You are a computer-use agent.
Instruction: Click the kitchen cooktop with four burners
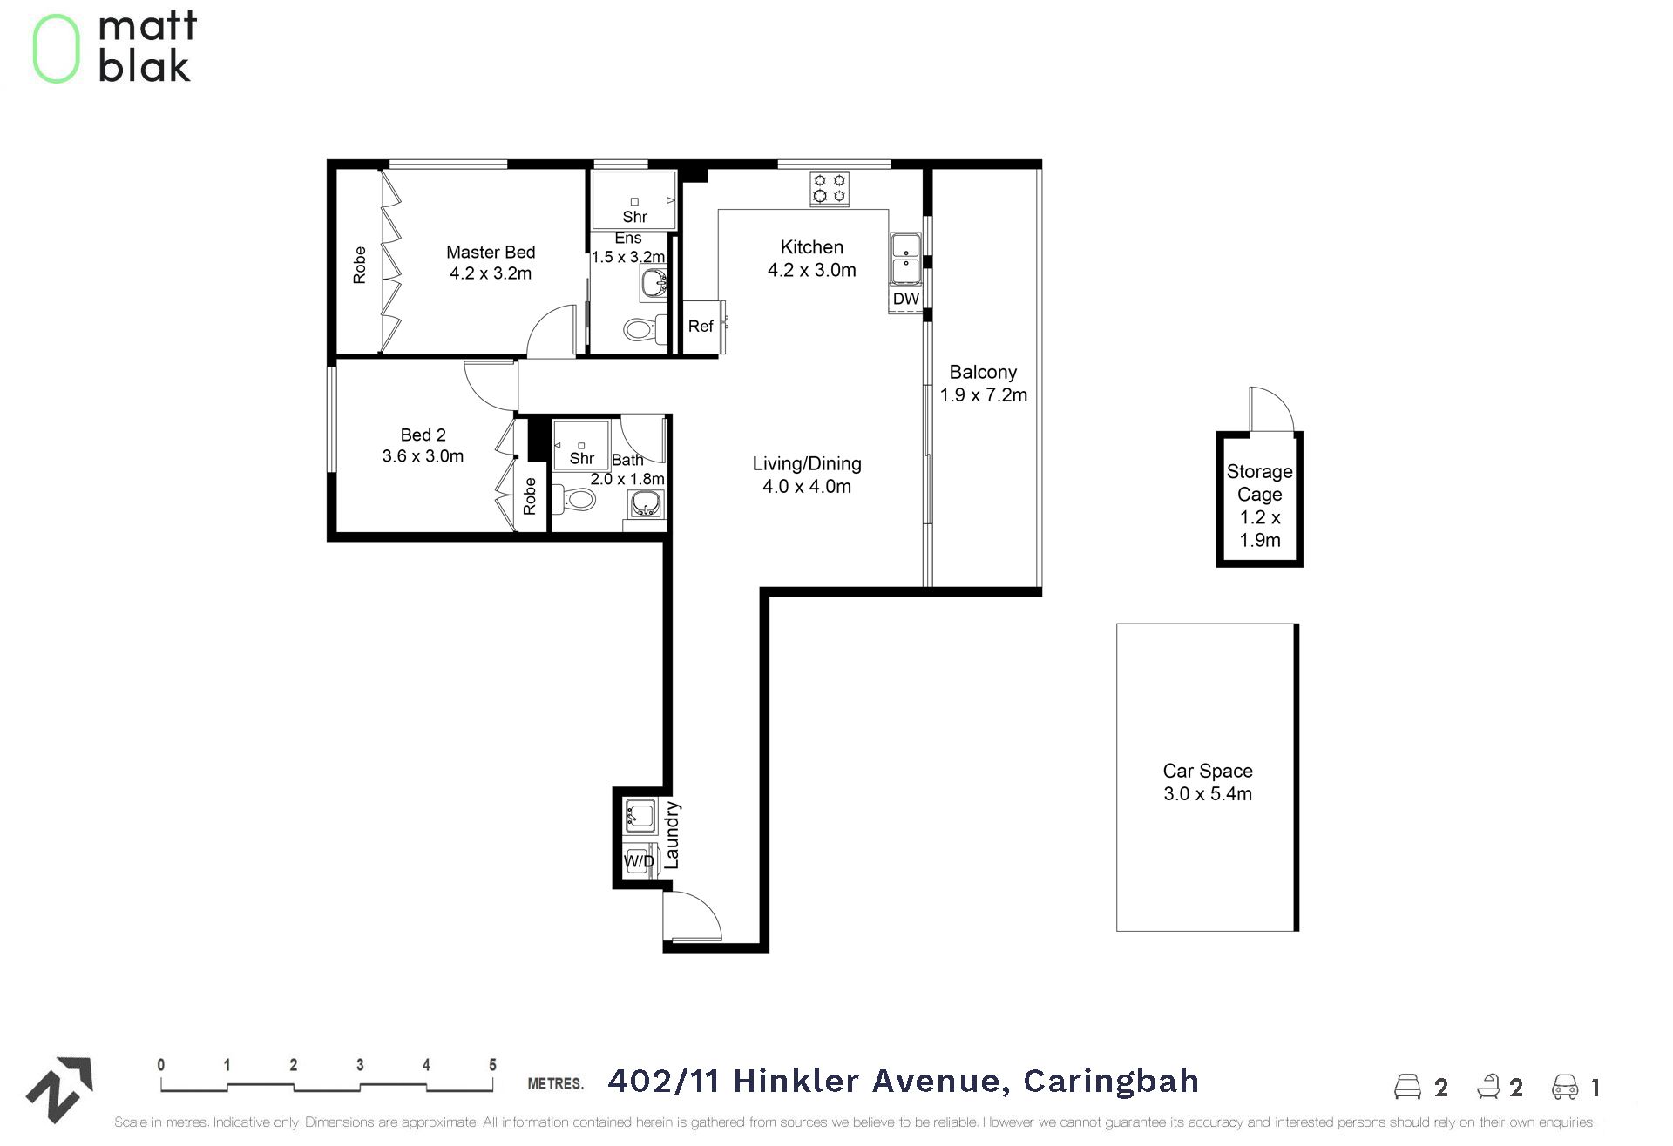(830, 189)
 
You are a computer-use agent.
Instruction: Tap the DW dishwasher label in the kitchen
(906, 299)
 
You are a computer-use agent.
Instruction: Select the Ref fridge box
(701, 327)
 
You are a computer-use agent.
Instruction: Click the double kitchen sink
(906, 259)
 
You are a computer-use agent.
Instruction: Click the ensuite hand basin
(654, 283)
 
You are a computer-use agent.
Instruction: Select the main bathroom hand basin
(646, 503)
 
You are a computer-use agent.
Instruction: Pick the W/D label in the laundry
(639, 861)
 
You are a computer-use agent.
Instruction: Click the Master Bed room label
(491, 253)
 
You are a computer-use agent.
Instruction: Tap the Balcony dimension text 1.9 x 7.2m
(983, 395)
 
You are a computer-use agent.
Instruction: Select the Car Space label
(1208, 771)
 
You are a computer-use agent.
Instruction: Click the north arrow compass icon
(59, 1089)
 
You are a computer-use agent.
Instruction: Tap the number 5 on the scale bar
(492, 1064)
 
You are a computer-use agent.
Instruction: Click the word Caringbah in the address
(1111, 1081)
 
